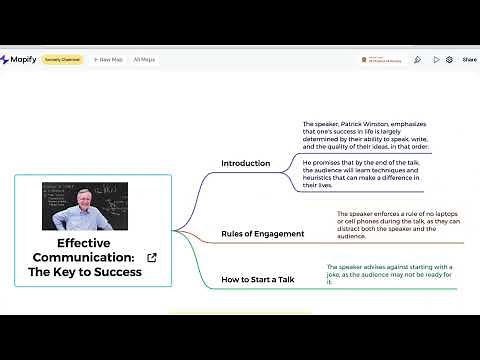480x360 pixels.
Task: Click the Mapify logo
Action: point(19,59)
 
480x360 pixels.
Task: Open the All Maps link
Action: point(144,60)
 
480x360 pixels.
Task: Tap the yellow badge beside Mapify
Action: point(62,60)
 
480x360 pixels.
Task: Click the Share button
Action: point(469,60)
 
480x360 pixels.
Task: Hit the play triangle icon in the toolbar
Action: point(436,60)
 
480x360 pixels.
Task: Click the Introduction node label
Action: point(245,163)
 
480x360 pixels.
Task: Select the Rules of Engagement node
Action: point(262,234)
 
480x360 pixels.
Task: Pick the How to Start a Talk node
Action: point(257,279)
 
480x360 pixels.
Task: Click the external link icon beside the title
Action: point(152,258)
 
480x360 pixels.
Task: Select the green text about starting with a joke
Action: point(389,274)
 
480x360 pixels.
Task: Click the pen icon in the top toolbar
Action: point(417,60)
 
